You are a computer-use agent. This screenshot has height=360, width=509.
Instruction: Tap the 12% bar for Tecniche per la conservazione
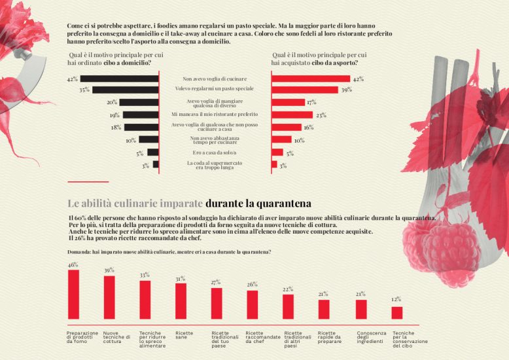(396, 312)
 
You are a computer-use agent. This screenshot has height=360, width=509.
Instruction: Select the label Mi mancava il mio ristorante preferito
(215, 115)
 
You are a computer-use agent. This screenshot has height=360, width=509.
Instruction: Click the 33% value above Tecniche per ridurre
(145, 275)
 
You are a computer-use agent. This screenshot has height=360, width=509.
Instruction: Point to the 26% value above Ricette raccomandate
(252, 285)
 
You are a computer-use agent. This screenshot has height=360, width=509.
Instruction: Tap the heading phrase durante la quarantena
(258, 203)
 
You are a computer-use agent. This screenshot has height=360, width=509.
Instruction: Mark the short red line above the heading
(88, 182)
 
